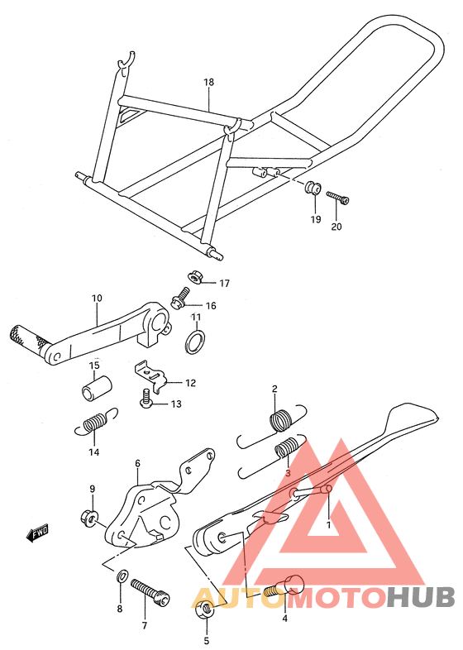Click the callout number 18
tap(208, 82)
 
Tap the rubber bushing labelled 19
tap(313, 189)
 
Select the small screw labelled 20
tap(337, 198)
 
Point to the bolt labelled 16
tap(180, 299)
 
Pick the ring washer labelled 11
tap(195, 342)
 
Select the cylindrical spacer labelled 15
tap(97, 388)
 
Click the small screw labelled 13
tap(146, 399)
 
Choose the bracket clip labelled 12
tap(151, 375)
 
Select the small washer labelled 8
tap(122, 576)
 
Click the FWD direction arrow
tap(38, 533)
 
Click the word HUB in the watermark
tap(420, 597)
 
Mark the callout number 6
tap(137, 463)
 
